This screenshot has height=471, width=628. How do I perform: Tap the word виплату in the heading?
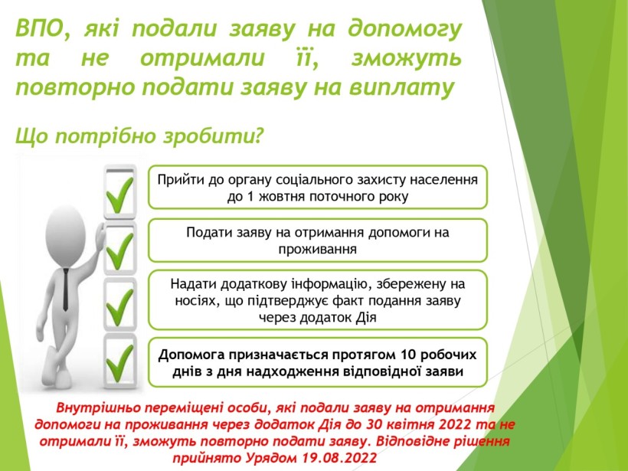[402, 87]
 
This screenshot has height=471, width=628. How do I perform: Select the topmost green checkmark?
[119, 195]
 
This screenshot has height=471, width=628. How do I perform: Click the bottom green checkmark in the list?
[119, 362]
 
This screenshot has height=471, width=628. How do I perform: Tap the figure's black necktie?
[66, 289]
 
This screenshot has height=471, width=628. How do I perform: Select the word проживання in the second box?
[317, 249]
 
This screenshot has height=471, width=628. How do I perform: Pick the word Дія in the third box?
[366, 317]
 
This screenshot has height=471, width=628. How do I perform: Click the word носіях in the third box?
[194, 300]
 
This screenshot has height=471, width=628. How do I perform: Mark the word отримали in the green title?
[203, 57]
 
